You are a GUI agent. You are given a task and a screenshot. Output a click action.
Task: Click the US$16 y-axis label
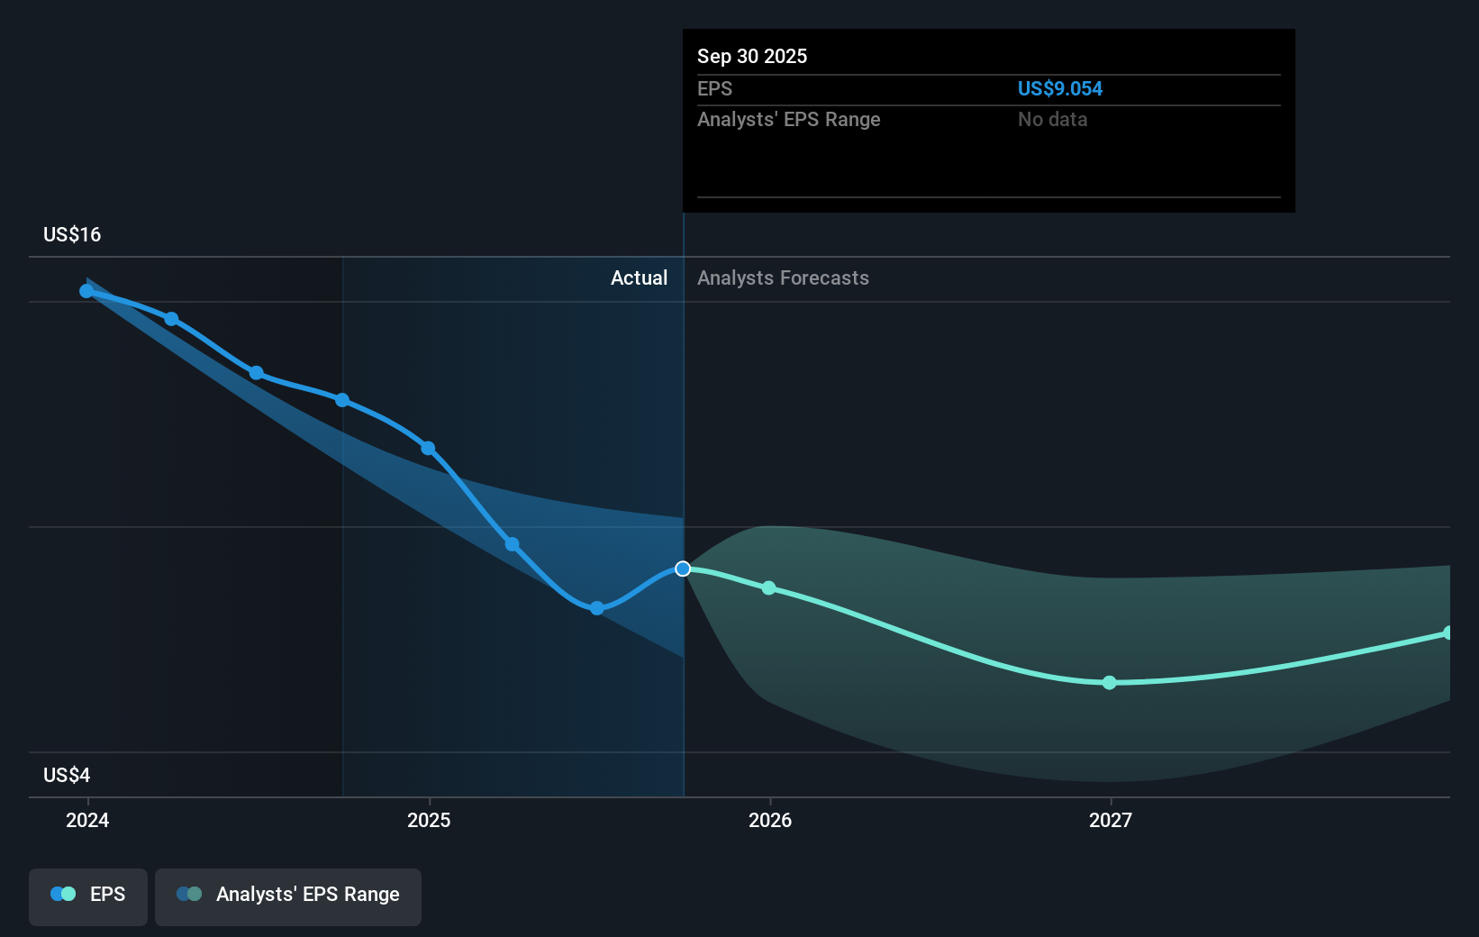coord(72,235)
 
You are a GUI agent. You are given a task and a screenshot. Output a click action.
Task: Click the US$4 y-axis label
coord(67,776)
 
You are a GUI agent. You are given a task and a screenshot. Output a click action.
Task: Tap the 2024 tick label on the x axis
coord(87,820)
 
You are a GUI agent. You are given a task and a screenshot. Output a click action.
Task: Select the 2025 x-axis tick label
coord(429,820)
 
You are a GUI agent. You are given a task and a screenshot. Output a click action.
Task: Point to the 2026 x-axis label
coord(770,820)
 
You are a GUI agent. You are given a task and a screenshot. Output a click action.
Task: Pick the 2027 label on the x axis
coord(1111,820)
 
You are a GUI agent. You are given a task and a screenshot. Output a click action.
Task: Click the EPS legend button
coord(88,895)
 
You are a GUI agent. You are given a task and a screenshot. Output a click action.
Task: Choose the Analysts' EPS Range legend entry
coord(288,895)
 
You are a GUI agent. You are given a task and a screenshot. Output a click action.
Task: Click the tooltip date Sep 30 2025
coord(752,57)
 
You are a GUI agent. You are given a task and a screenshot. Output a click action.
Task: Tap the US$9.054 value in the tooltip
coord(1059,89)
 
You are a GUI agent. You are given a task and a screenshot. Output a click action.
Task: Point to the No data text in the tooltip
coord(1052,120)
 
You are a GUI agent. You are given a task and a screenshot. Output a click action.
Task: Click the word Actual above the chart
coord(639,278)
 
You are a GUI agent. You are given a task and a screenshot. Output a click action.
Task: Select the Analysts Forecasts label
coord(783,278)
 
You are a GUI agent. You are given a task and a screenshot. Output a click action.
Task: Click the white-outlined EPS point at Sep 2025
coord(683,569)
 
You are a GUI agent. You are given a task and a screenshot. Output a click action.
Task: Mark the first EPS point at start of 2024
coord(86,291)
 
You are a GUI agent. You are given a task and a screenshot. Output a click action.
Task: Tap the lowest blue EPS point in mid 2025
coord(597,608)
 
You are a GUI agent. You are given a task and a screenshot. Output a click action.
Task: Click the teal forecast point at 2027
coord(1110,683)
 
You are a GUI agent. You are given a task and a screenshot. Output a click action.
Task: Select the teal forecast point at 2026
coord(769,588)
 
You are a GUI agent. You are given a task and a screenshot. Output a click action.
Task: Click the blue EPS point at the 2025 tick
coord(428,449)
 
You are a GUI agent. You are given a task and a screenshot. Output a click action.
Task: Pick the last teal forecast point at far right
coord(1447,633)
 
